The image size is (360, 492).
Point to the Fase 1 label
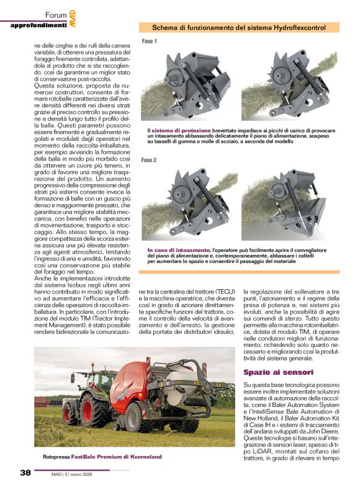149,42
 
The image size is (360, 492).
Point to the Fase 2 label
149,160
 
